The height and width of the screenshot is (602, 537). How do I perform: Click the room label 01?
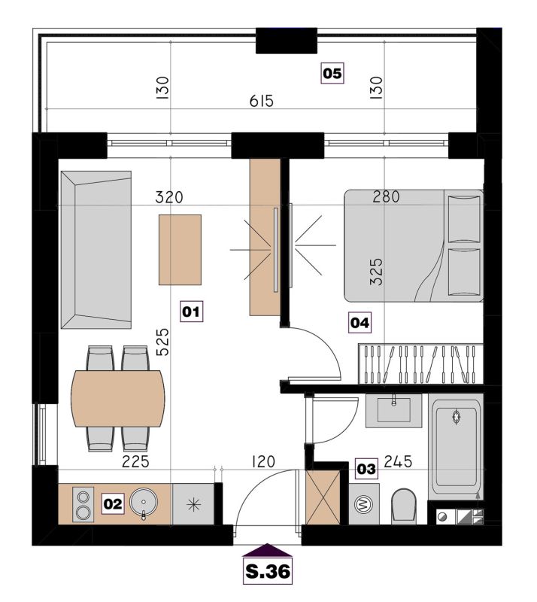[191, 312]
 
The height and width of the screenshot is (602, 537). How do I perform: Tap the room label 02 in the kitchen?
[113, 503]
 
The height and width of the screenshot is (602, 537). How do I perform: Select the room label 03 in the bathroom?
[366, 469]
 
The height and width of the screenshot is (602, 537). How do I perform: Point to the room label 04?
[360, 323]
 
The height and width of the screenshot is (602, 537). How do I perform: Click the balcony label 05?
[332, 73]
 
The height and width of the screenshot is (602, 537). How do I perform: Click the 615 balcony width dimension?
[262, 102]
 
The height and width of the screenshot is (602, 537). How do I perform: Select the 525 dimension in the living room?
[162, 342]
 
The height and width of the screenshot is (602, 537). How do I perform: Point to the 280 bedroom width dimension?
[386, 197]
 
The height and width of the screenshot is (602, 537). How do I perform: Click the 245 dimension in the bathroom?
[398, 461]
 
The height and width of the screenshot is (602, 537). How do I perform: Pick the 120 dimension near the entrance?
[263, 461]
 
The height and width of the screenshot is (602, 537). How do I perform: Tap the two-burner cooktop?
[83, 504]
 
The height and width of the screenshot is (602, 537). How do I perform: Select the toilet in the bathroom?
[404, 506]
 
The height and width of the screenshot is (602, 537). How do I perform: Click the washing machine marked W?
[364, 503]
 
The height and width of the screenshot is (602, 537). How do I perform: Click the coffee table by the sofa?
[180, 250]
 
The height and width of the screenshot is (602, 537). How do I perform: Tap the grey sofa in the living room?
[96, 250]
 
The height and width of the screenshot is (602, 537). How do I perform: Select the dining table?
[118, 399]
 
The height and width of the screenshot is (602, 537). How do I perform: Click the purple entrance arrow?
[268, 550]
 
